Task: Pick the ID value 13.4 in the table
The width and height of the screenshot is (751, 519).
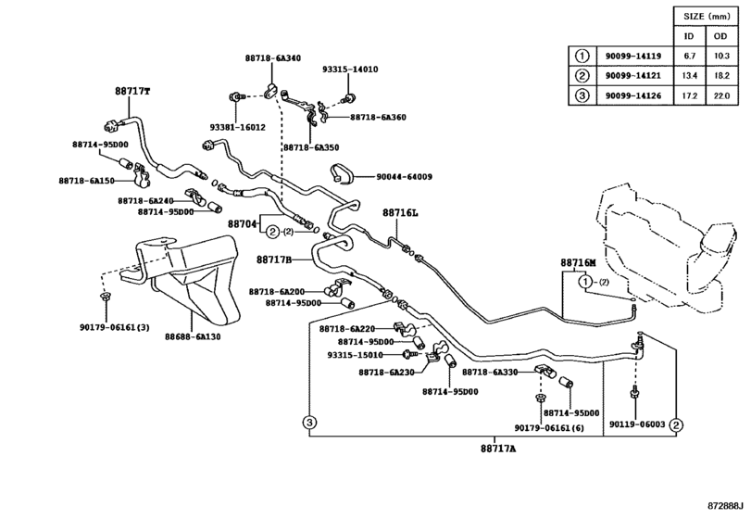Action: tap(690, 75)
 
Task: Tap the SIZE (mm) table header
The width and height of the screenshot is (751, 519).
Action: tap(706, 16)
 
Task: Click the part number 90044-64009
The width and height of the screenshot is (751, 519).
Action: tap(404, 176)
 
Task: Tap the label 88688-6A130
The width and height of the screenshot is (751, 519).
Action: tap(193, 337)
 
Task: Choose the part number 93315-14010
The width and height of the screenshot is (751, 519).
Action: tap(350, 70)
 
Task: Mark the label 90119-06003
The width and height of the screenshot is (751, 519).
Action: tap(637, 424)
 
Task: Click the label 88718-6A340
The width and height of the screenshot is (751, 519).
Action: tap(272, 58)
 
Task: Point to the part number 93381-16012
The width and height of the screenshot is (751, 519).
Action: tap(237, 127)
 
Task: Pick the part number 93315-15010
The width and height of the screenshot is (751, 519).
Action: tap(355, 354)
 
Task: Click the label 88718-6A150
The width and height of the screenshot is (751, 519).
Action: tap(86, 181)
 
